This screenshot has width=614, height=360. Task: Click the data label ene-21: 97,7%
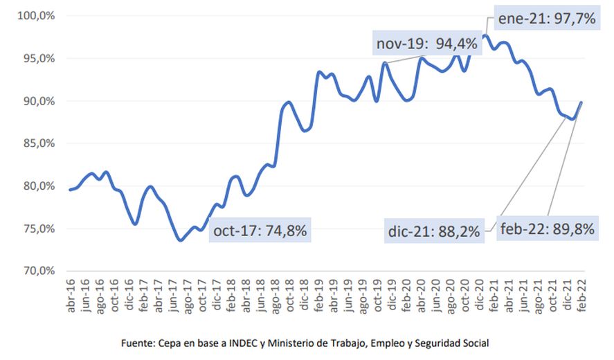[547, 19]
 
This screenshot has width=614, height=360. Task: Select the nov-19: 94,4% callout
[426, 44]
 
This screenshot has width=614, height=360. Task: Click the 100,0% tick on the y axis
[36, 16]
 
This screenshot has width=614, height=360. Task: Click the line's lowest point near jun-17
[180, 240]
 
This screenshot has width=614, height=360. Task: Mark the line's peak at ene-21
[485, 35]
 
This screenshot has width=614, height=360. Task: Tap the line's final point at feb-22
[581, 102]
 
